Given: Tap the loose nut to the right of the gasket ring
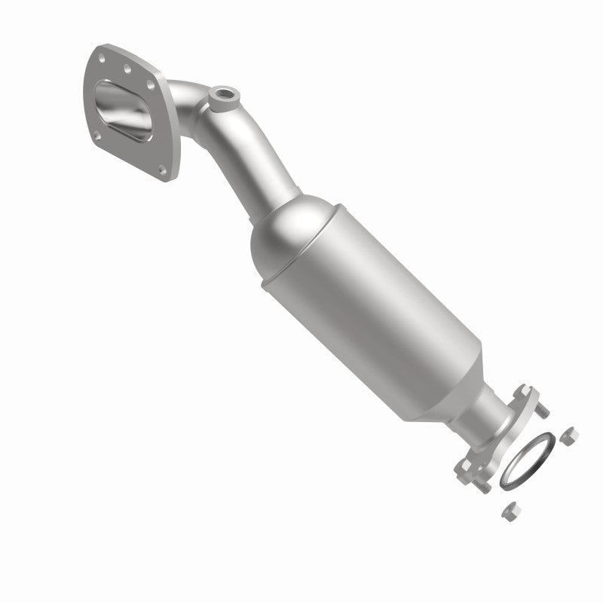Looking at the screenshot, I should point(570,436).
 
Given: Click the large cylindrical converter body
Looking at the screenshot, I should point(362,301).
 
